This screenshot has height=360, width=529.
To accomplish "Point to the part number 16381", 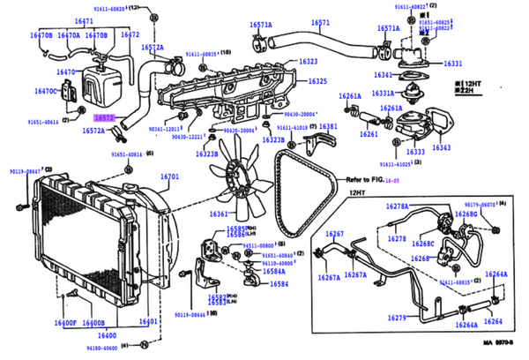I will [x=327, y=127].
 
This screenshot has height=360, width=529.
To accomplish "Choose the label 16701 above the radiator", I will [x=169, y=176].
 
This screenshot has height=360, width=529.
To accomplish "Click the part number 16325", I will [x=308, y=82].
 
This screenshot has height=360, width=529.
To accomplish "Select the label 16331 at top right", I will [x=452, y=64].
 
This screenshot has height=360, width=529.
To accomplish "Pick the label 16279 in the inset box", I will [x=397, y=317].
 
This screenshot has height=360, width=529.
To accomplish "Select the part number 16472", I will [x=130, y=34].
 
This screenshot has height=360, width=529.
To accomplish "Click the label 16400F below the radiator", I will [x=65, y=323].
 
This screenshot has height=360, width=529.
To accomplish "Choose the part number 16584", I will [x=279, y=284].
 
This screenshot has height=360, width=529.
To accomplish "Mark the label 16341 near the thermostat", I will [x=384, y=75].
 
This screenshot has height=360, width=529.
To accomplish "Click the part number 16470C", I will [x=46, y=90].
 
